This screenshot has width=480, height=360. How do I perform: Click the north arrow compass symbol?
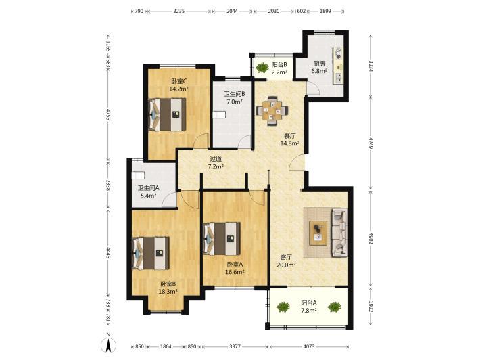click(x=108, y=344)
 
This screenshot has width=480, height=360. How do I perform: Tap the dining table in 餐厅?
click(x=272, y=111)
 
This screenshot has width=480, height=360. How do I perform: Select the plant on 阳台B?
click(x=262, y=68)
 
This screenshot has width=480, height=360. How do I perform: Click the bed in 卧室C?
click(x=167, y=114)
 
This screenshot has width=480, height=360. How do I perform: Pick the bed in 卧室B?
click(x=151, y=253)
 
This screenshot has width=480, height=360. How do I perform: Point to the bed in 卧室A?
click(x=222, y=239)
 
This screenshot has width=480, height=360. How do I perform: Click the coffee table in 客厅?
click(x=318, y=233)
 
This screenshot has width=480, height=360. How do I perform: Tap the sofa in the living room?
click(x=340, y=232)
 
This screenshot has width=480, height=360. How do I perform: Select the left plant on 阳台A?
click(x=283, y=307)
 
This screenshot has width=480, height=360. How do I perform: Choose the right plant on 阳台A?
click(x=334, y=307)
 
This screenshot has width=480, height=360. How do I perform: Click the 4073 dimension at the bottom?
click(x=309, y=346)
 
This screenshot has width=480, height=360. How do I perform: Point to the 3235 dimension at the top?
click(x=178, y=11)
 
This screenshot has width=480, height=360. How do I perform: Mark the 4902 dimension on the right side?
click(x=370, y=238)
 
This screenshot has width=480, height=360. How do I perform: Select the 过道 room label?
click(x=216, y=159)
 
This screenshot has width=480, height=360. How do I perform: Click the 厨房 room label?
click(x=319, y=64)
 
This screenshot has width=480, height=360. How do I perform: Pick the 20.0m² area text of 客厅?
click(x=286, y=265)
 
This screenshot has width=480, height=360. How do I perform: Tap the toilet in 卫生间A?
click(x=138, y=175)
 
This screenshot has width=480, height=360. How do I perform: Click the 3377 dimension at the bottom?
click(x=235, y=346)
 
